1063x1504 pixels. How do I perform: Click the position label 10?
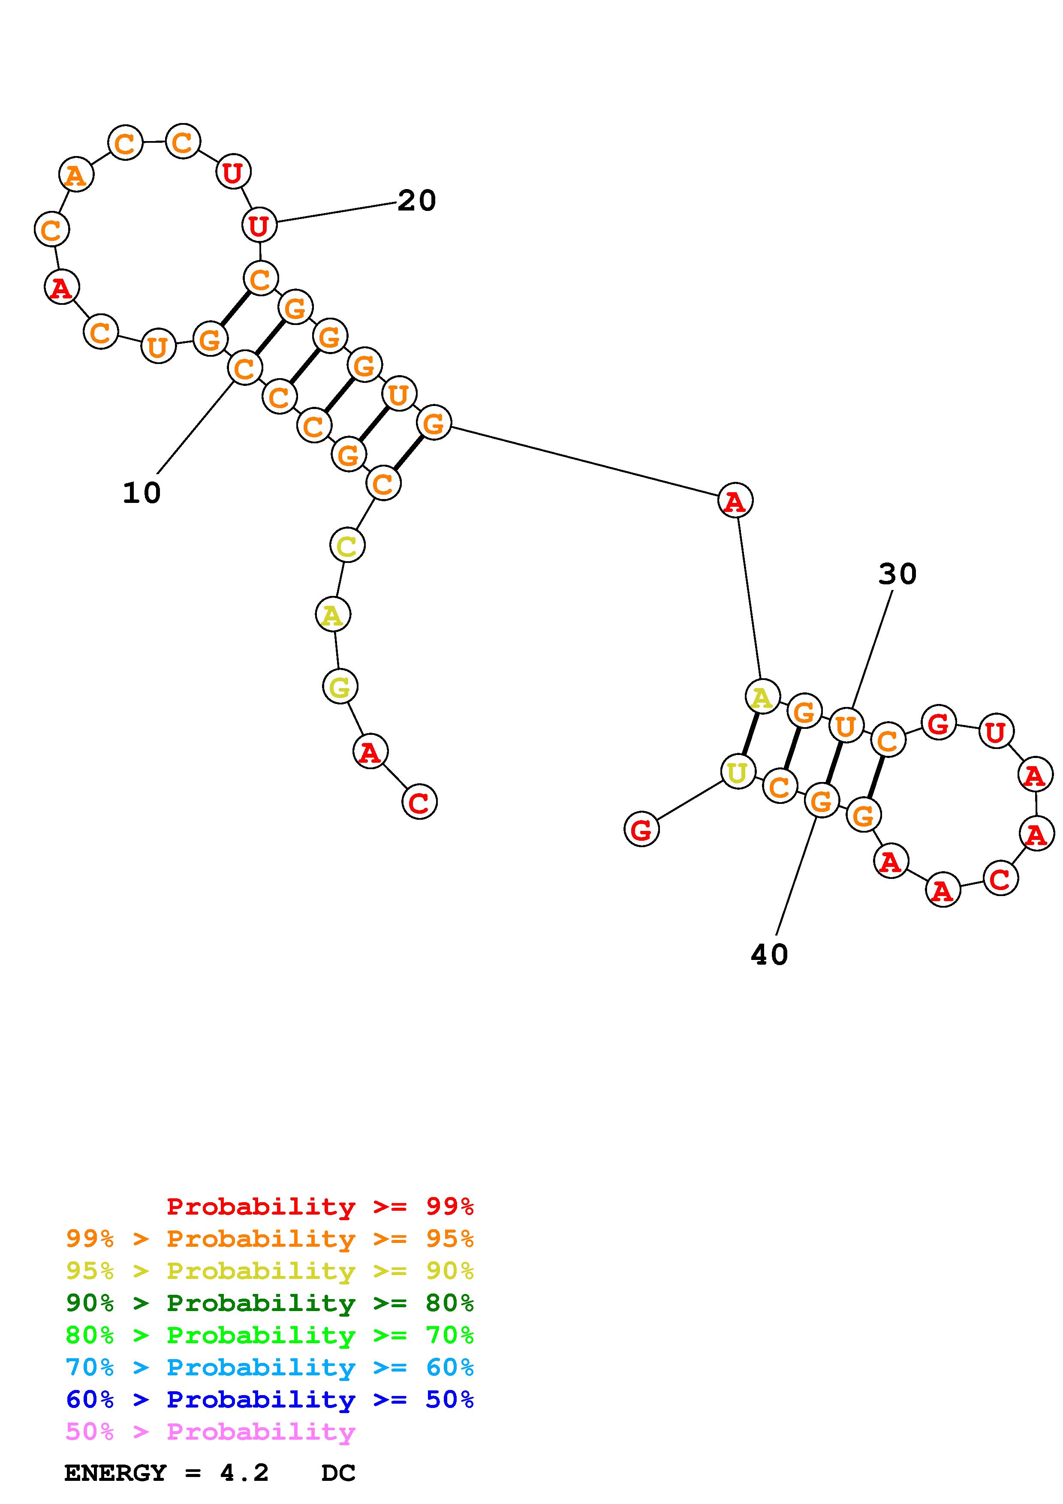142,493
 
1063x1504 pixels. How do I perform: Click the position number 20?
416,201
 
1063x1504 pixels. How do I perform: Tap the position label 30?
897,575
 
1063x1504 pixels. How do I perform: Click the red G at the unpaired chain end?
641,829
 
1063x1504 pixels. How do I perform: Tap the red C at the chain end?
419,802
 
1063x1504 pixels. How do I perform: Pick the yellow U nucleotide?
738,772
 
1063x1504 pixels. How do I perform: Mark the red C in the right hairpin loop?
1000,878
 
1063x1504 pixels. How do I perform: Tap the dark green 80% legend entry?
270,1303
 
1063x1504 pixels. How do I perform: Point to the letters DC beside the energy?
338,1473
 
